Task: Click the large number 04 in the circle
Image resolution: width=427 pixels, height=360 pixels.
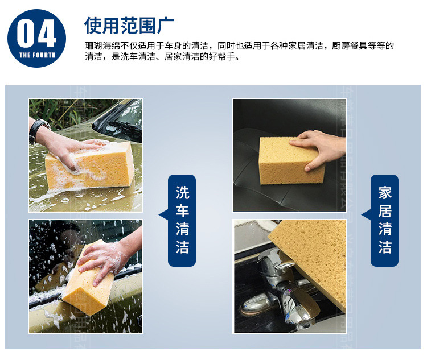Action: tap(36, 33)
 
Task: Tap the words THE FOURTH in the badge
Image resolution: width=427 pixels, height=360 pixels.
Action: tap(38, 55)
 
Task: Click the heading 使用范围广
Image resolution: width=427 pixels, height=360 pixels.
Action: tap(129, 25)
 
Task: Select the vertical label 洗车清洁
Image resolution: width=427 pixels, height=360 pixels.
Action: tap(182, 220)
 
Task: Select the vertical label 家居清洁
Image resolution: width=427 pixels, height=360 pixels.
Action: tap(385, 220)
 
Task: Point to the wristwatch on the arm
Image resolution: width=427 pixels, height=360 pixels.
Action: tap(38, 131)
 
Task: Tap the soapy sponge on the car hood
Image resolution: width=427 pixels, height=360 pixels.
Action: tap(90, 166)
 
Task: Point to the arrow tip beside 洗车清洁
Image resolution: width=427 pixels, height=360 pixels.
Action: tap(159, 215)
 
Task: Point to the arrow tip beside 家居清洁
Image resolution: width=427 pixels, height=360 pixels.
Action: tap(362, 215)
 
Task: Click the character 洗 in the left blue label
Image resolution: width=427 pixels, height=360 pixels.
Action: tap(182, 193)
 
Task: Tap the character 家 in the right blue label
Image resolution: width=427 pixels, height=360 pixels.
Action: tap(385, 193)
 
